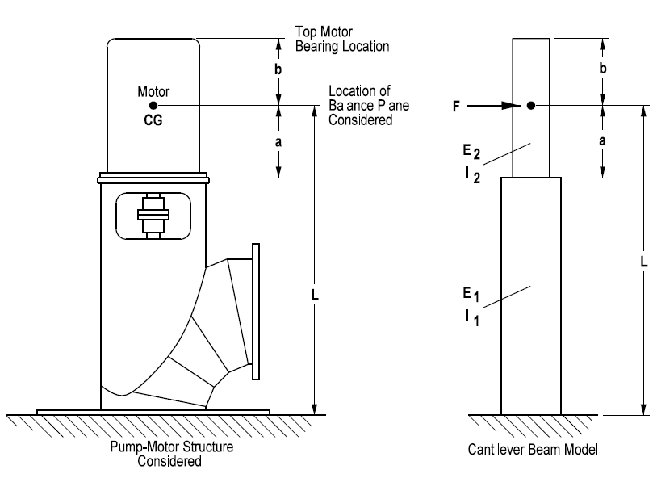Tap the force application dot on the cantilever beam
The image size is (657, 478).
(x=530, y=105)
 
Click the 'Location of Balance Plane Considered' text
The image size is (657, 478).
(x=360, y=105)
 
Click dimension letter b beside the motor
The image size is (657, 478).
(x=278, y=70)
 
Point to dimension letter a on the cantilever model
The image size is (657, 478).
(x=601, y=140)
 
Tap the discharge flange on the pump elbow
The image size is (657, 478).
(x=257, y=310)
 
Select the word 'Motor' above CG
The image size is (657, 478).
(x=153, y=91)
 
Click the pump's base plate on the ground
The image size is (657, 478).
(x=153, y=412)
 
